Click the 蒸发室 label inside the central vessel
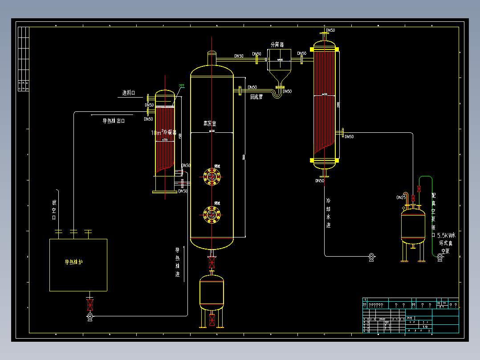click(209, 123)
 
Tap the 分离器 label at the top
click(277, 45)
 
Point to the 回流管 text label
click(256, 96)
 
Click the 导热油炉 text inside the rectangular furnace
click(74, 262)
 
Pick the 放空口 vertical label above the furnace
click(54, 209)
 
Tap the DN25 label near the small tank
click(401, 197)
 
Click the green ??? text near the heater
click(181, 86)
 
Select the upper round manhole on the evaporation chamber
click(212, 176)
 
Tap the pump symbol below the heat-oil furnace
click(90, 316)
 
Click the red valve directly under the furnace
click(90, 305)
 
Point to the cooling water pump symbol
click(372, 257)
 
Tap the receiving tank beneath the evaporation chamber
click(212, 292)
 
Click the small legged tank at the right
click(413, 226)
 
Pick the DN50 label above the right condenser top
click(330, 30)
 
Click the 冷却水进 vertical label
click(329, 213)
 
